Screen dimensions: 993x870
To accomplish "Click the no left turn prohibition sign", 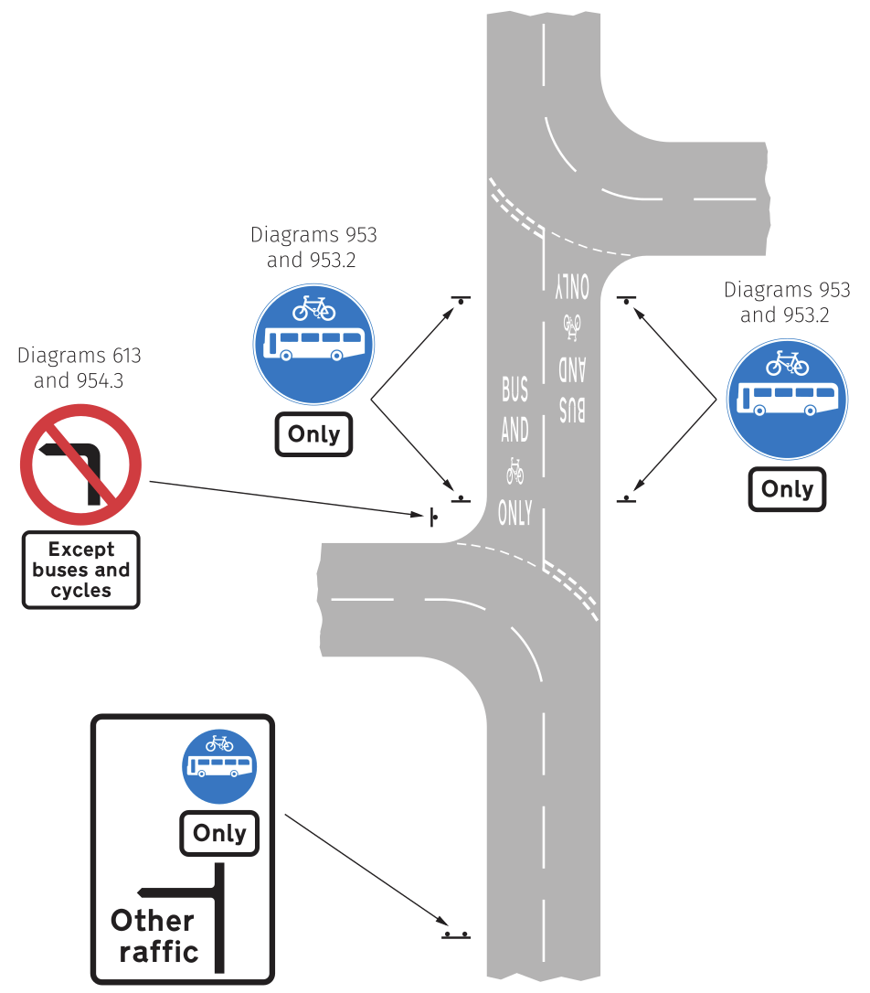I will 80,464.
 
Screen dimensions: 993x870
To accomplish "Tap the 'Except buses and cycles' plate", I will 80,570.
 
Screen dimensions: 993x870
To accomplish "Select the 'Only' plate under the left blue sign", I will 313,434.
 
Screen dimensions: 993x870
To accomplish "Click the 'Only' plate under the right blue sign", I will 787,489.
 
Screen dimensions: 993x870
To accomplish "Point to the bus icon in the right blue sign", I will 788,399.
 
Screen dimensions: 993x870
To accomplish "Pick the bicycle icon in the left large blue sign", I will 313,308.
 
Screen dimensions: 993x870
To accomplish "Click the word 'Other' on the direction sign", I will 153,920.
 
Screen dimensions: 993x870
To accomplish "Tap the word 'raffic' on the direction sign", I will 159,952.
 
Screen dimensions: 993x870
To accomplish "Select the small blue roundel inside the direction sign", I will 219,766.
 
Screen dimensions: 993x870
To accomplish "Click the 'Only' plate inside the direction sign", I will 219,833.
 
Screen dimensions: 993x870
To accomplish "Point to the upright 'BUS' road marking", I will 515,390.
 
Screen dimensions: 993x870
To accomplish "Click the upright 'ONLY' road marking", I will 515,513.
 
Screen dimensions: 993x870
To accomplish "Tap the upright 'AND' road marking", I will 515,430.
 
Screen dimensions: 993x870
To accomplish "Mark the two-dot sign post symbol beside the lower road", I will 456,935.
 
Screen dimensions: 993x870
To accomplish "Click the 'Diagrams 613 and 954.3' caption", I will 80,368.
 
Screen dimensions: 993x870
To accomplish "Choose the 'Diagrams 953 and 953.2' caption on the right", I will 787,303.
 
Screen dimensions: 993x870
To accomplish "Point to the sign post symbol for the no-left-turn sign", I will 432,518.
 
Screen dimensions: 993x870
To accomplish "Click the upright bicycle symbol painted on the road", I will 515,472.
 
